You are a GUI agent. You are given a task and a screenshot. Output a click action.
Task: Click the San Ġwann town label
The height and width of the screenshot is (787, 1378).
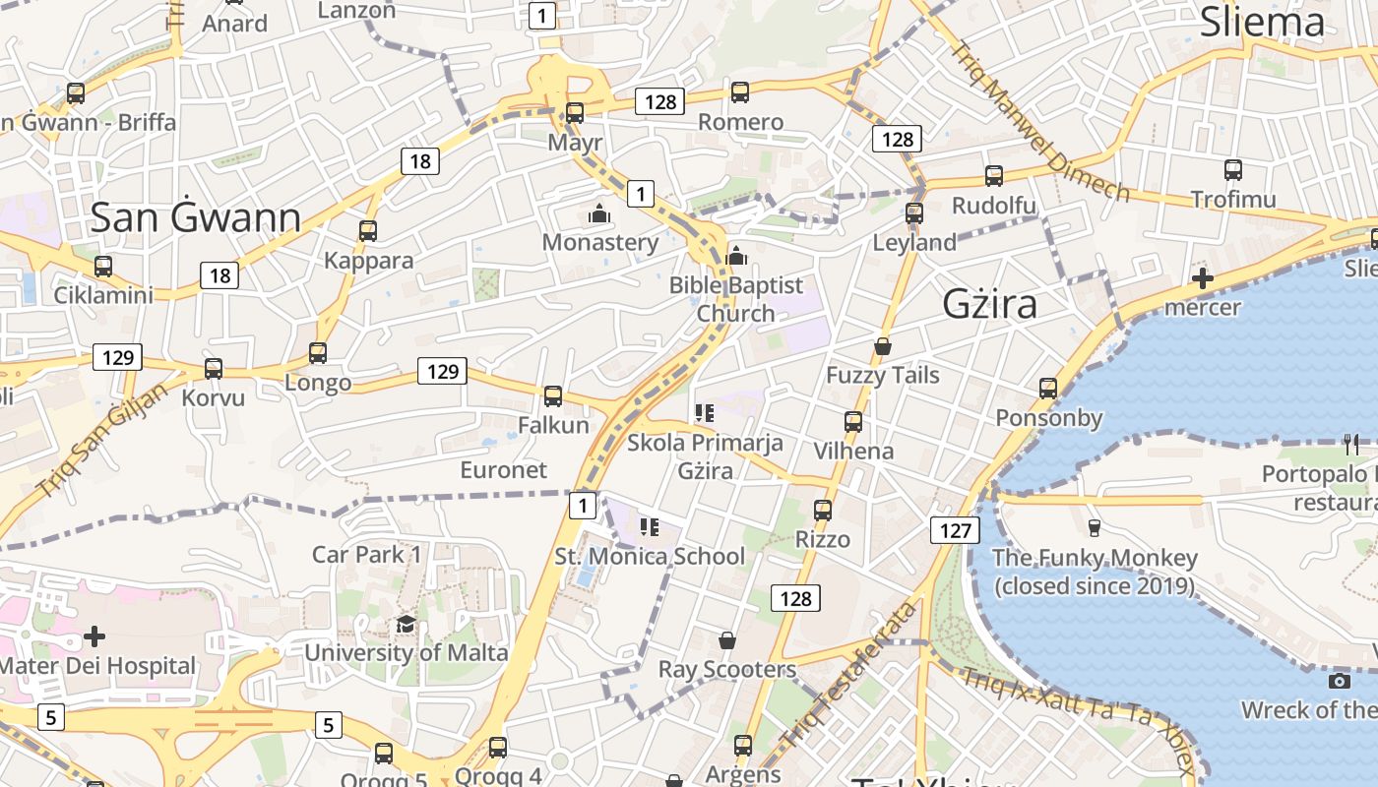(195, 217)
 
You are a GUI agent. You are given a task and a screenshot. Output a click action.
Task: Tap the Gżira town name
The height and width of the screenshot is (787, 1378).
(989, 304)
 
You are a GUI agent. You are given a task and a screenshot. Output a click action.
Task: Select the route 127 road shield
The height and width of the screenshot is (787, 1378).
(955, 531)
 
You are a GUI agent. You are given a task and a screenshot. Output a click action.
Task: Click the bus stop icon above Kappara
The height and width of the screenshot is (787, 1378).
(368, 231)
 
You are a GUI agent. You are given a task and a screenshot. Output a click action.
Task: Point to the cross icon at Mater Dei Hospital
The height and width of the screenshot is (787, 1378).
(94, 636)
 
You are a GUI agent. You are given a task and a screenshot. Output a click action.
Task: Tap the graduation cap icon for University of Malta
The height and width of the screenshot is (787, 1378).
(406, 625)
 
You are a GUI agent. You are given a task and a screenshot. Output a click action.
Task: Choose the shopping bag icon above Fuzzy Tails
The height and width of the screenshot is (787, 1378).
(883, 346)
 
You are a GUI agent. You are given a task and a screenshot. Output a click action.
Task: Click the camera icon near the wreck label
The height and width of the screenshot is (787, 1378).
(1339, 681)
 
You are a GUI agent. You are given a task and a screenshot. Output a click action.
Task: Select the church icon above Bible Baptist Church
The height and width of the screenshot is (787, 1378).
(736, 257)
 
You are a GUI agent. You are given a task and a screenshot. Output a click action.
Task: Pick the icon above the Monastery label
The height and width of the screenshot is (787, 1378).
(599, 213)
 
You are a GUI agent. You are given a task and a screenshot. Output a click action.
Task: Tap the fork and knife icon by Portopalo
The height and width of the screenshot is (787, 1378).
(1350, 445)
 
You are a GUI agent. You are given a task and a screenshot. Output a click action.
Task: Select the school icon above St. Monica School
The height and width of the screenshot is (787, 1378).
(649, 527)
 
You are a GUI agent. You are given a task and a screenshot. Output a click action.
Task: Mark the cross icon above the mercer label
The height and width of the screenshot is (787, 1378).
(1202, 278)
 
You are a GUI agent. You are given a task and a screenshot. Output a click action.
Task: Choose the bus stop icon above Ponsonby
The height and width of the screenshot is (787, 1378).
(1048, 389)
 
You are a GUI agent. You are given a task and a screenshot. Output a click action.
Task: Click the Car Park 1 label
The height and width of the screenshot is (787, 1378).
(366, 554)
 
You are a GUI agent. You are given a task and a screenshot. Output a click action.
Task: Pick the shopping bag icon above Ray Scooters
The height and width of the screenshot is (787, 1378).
(726, 641)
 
